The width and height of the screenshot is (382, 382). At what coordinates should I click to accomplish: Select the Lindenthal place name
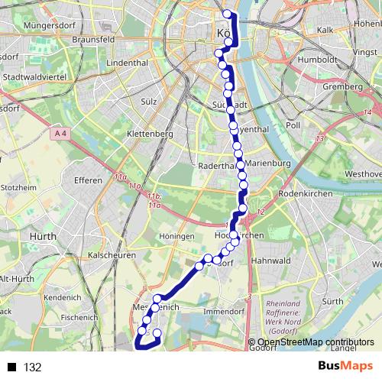pos(127,61)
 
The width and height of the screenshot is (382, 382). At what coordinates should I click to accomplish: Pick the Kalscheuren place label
pos(112,254)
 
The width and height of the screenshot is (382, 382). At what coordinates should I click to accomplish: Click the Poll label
pos(293,124)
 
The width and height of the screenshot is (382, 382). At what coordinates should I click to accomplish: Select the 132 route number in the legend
pos(33,367)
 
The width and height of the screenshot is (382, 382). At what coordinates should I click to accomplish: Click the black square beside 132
pos(12,367)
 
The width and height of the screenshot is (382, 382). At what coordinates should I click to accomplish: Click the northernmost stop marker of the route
pos(226,13)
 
